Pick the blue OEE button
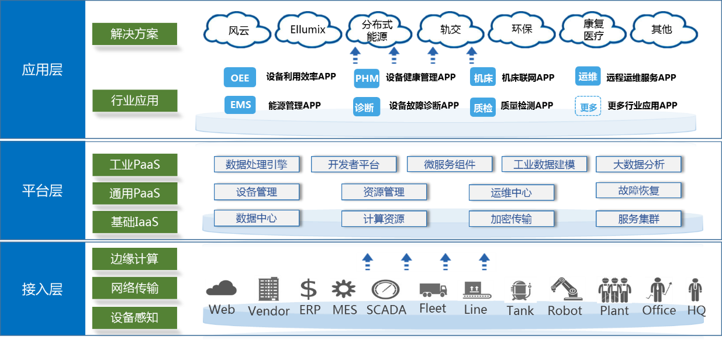[240, 78]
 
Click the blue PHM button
[367, 78]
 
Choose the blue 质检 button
[483, 108]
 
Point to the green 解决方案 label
[134, 34]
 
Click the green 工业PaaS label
[134, 165]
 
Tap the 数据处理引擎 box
[256, 164]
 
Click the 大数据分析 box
[638, 164]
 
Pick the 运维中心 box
[512, 192]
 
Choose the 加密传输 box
[512, 219]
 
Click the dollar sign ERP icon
[309, 289]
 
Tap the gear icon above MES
[344, 289]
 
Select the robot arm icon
[567, 289]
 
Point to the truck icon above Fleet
[433, 290]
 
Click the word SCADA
[386, 310]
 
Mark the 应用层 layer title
[42, 70]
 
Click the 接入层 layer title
[42, 289]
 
